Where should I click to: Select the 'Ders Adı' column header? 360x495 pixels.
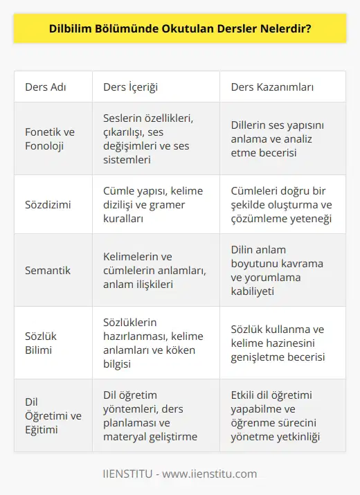(46, 88)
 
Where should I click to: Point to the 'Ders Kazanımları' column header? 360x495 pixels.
(272, 88)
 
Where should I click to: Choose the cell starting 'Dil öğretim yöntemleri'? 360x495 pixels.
(150, 415)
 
